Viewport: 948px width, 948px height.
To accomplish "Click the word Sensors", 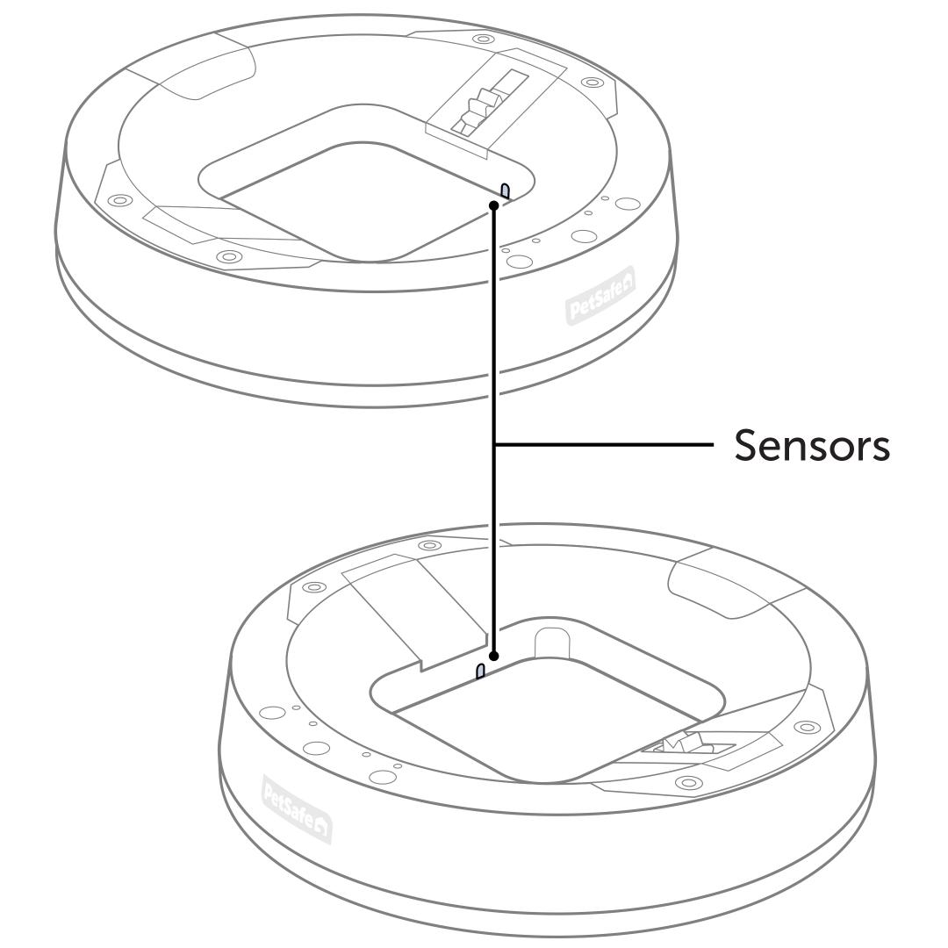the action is pos(812,446).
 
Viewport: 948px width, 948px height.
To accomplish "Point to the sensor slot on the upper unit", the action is pos(506,190).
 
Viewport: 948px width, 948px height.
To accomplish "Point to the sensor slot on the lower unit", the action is pos(480,671).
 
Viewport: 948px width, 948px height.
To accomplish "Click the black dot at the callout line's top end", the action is pos(495,205).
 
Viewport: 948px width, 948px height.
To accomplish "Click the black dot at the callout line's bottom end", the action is pos(495,656).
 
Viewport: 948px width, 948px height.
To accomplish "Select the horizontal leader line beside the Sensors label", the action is pos(606,446).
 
